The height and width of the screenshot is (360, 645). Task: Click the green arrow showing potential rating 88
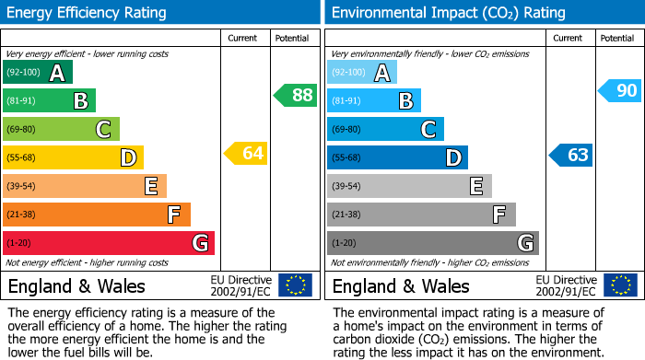(296, 95)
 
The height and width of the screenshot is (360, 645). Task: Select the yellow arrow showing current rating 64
(246, 153)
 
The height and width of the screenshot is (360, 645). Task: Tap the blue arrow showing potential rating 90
(619, 90)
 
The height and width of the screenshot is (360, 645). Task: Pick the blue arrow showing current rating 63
(570, 155)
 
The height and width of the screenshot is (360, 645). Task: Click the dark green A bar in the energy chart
(38, 73)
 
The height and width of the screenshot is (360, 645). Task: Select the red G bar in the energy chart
(109, 243)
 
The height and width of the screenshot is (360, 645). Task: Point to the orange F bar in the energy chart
(97, 215)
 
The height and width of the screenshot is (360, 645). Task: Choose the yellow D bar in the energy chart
(73, 157)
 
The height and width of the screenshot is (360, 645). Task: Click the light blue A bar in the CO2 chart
(362, 73)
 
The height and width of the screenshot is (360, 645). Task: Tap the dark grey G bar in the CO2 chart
(433, 243)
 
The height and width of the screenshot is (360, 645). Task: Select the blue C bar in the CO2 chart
(385, 129)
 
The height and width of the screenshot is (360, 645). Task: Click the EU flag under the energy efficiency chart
(295, 285)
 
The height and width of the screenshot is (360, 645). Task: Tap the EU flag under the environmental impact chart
(619, 285)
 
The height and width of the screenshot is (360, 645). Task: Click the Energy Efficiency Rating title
(88, 13)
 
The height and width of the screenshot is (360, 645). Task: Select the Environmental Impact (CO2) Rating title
(447, 13)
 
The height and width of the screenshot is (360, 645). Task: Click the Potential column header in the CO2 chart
(616, 38)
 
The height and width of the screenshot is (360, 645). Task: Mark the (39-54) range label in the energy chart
(21, 187)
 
